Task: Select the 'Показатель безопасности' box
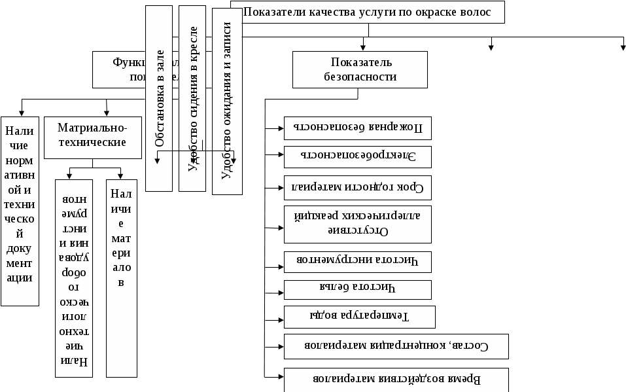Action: click(360, 69)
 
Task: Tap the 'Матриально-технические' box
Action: click(93, 137)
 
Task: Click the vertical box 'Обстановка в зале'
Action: click(159, 98)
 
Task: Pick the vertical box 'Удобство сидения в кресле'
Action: click(192, 98)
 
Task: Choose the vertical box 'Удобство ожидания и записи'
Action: click(227, 101)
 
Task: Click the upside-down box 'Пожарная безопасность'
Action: click(357, 128)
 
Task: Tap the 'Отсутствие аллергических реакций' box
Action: click(357, 224)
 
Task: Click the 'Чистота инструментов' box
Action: click(357, 260)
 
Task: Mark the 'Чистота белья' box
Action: click(357, 289)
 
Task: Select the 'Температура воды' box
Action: click(360, 317)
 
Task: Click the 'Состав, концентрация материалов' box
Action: click(396, 346)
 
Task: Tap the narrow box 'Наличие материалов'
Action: click(122, 278)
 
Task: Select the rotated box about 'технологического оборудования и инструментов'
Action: click(73, 278)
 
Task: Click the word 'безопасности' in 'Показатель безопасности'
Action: click(360, 77)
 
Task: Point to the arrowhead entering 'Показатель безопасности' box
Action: click(363, 47)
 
